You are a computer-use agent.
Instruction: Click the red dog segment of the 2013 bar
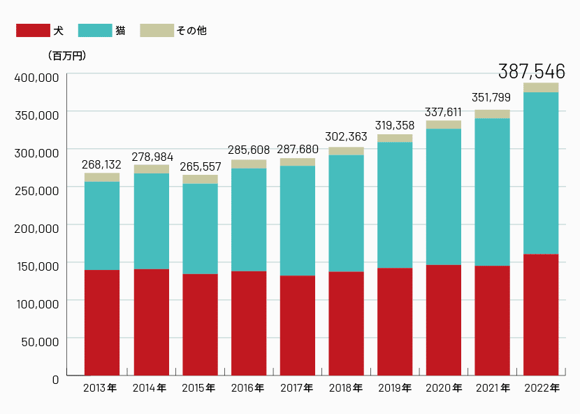click(x=102, y=322)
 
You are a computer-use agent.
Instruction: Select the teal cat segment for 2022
click(x=541, y=173)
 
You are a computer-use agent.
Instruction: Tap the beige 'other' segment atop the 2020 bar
click(x=444, y=124)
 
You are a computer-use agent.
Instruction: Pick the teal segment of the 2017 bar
click(x=298, y=220)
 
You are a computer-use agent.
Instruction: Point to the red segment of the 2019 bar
click(x=395, y=321)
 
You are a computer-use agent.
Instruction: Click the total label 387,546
click(x=532, y=71)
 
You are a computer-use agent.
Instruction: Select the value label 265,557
click(x=201, y=167)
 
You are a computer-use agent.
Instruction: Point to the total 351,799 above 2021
click(x=493, y=98)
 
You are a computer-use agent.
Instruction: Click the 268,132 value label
click(x=103, y=164)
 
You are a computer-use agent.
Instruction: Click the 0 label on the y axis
click(x=55, y=378)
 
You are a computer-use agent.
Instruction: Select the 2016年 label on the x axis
click(x=247, y=388)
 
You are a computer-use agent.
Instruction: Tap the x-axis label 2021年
click(x=492, y=388)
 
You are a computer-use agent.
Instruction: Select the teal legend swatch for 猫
click(x=95, y=31)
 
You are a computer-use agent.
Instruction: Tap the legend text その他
click(x=191, y=31)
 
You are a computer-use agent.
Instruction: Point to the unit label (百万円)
click(x=67, y=55)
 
